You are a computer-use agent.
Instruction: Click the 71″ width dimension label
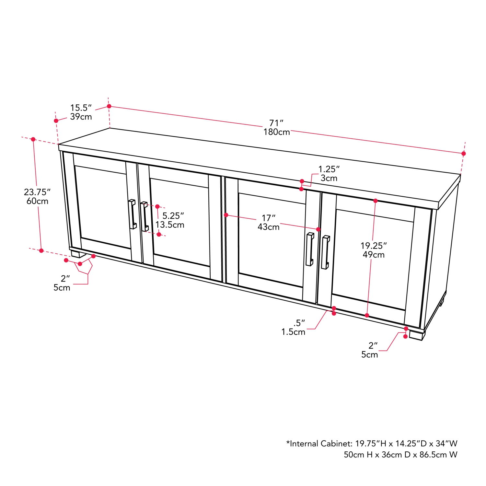276,123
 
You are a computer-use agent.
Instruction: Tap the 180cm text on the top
276,132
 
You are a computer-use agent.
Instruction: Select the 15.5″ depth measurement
81,108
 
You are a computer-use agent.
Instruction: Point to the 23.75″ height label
37,192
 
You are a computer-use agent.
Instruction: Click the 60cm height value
37,201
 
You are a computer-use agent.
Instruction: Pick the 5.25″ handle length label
173,216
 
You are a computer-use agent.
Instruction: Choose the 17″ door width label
269,218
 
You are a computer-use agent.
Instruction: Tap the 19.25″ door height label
374,246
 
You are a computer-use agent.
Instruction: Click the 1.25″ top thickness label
329,169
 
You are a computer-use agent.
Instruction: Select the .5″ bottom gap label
299,323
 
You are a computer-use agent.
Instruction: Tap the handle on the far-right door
325,252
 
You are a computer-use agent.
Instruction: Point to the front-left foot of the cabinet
78,254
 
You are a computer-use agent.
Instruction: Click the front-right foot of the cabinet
416,335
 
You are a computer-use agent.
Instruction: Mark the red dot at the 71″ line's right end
464,154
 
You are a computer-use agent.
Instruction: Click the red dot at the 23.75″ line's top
33,139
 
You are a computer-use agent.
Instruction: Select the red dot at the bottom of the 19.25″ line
367,315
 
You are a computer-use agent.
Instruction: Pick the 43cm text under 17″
269,227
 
